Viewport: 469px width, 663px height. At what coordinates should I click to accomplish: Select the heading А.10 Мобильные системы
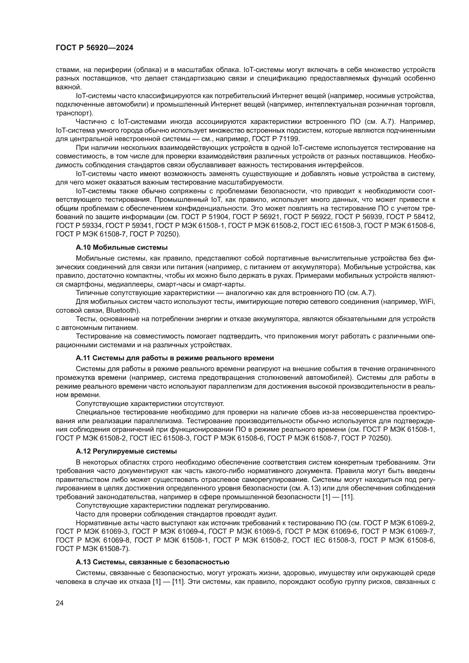coord(122,247)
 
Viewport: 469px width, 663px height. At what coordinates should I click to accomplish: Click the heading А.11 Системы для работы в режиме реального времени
coord(175,358)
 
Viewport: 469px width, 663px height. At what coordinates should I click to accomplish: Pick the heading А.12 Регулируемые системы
coord(126,451)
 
